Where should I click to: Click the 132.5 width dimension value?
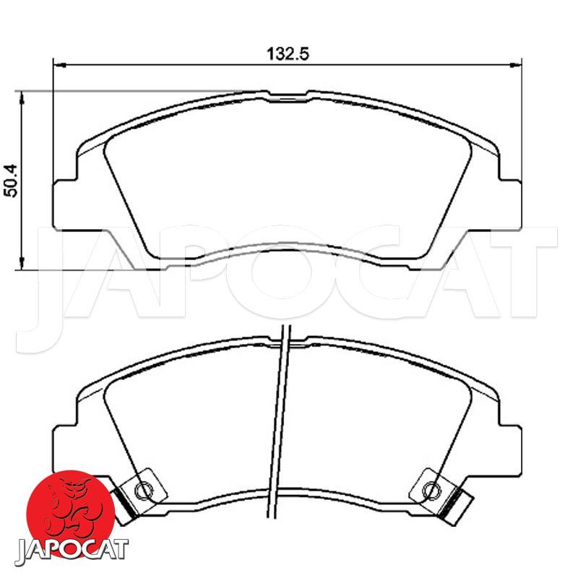click(x=288, y=54)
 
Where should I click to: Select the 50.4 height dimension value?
click(x=12, y=180)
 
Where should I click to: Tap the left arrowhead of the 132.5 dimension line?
click(x=60, y=66)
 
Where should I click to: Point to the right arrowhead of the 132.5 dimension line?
click(x=516, y=66)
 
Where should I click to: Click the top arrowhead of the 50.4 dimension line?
click(x=22, y=98)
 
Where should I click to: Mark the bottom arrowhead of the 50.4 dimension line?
click(x=22, y=263)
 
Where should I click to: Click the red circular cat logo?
click(x=71, y=512)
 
